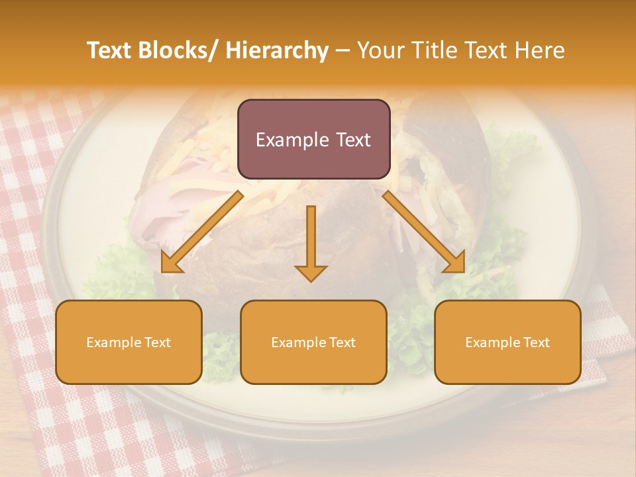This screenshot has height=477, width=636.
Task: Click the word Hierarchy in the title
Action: click(x=277, y=50)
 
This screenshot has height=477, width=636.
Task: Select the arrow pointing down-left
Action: click(x=202, y=232)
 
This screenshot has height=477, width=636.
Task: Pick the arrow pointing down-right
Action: click(x=424, y=232)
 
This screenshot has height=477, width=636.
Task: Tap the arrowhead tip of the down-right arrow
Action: click(x=463, y=272)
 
